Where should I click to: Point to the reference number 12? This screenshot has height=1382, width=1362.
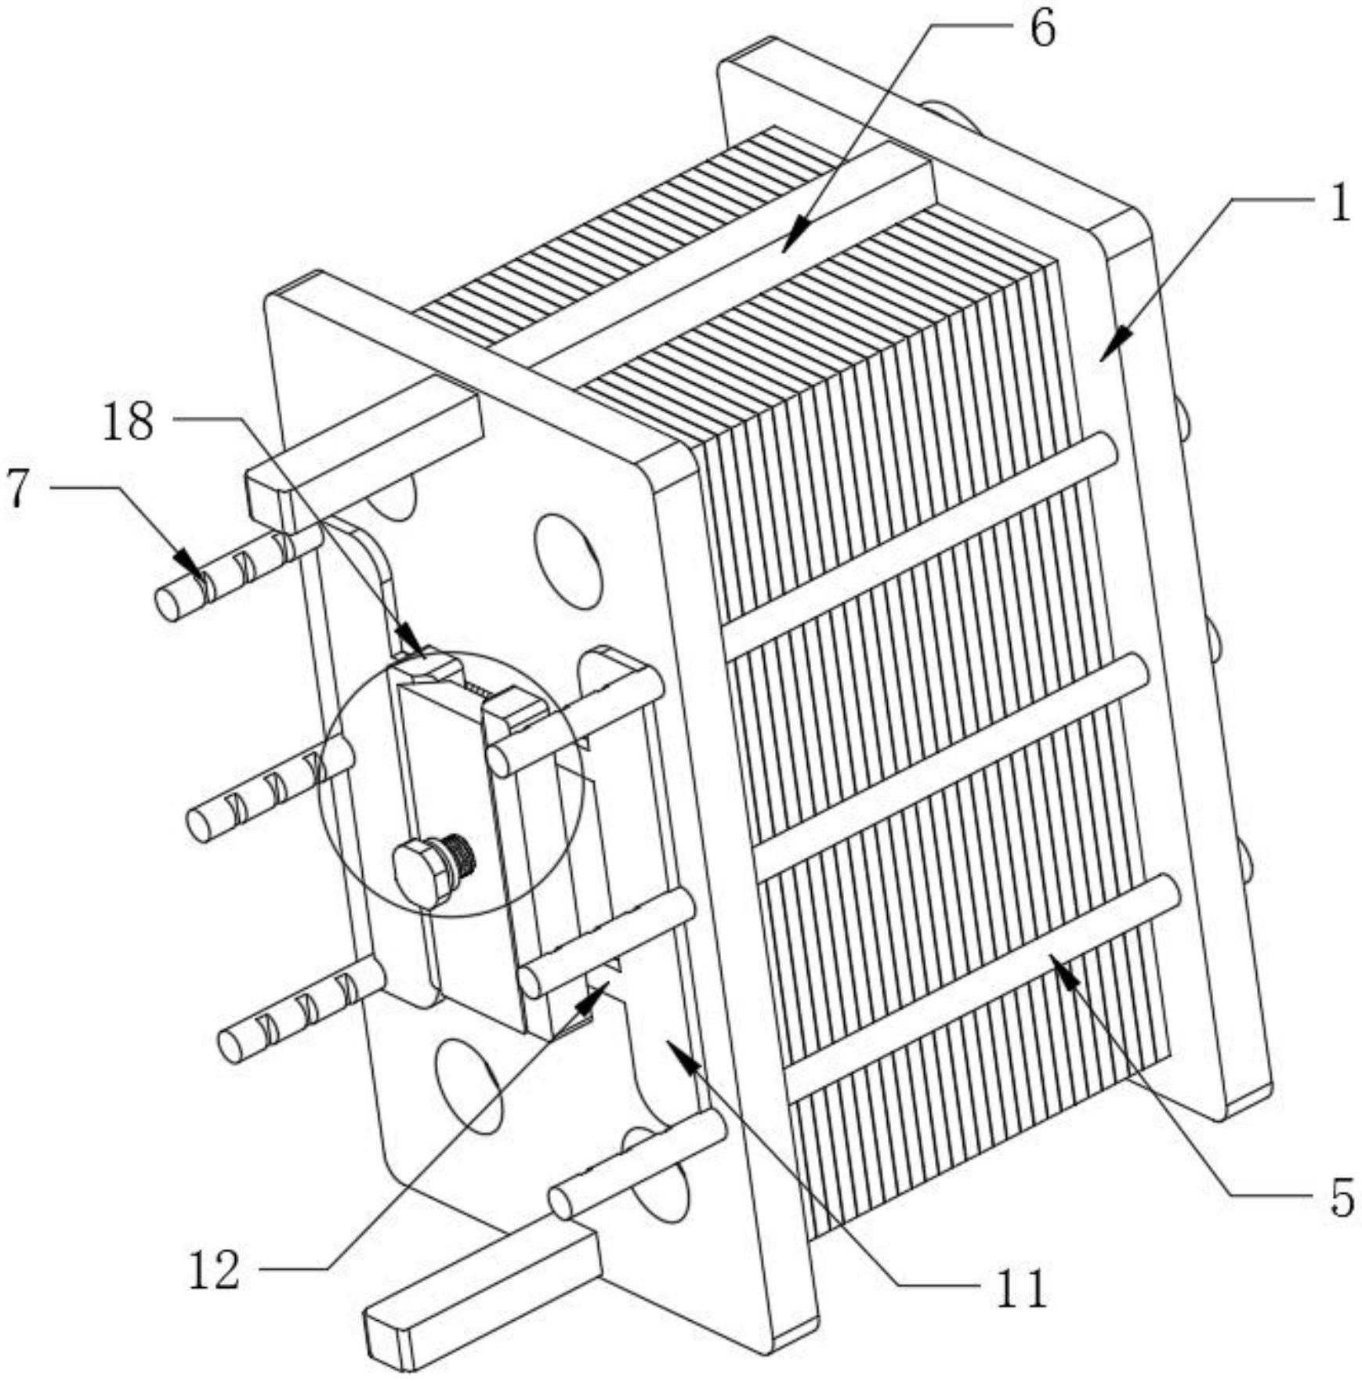tap(213, 1271)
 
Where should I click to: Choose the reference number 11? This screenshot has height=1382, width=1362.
tap(1021, 1288)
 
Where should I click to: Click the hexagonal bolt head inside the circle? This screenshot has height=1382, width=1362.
tap(422, 872)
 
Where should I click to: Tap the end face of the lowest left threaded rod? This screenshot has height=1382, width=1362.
tap(230, 1047)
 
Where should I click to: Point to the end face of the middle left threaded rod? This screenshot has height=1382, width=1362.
tap(199, 827)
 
